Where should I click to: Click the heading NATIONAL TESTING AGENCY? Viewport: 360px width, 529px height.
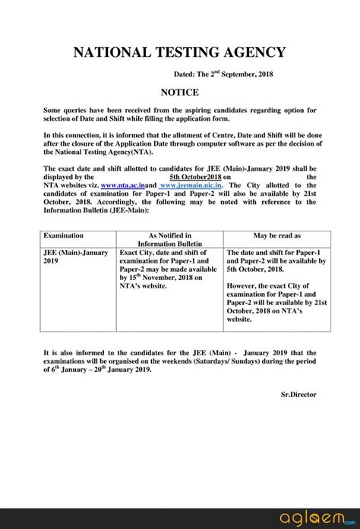[x=180, y=52]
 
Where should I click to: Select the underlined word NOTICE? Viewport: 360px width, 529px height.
[x=180, y=92]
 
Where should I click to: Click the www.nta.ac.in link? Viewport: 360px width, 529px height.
[x=122, y=184]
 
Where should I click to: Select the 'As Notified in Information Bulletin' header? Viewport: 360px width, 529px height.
[x=170, y=241]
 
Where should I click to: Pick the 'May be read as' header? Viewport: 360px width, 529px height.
[x=277, y=236]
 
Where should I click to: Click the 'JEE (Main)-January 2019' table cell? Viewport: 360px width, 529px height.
[x=76, y=257]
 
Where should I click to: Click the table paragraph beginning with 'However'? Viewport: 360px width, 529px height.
[x=277, y=304]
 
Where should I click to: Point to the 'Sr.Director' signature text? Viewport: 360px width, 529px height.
[x=298, y=394]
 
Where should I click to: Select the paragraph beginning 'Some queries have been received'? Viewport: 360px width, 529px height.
[x=180, y=115]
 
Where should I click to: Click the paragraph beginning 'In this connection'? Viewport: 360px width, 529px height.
[x=180, y=143]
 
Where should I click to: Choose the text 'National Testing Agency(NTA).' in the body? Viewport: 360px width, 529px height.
[x=99, y=152]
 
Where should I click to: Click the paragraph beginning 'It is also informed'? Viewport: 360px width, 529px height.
[x=180, y=361]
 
